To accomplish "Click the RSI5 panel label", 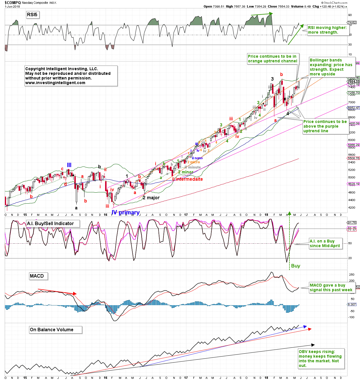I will click(32, 15).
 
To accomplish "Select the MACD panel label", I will click(37, 276).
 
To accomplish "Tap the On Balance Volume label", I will click(52, 330).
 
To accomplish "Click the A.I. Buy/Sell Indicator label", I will click(50, 223).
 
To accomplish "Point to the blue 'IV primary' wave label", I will click(125, 212).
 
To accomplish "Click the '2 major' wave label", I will click(151, 198).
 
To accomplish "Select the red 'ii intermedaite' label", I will click(188, 179).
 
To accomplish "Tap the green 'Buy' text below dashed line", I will click(296, 266).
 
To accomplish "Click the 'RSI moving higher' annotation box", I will click(327, 30).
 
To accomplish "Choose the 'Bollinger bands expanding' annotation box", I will click(331, 67).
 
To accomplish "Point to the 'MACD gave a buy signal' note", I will click(331, 287).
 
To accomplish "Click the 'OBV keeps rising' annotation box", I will click(320, 359).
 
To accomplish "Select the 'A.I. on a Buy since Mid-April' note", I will click(325, 243).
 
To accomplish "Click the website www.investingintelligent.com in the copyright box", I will click(55, 83).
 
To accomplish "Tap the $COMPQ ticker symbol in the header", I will click(12, 3).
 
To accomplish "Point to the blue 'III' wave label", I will click(69, 165).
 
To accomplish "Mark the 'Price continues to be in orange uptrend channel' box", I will click(272, 59).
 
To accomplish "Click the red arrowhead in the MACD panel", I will click(75, 294).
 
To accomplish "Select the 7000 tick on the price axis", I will click(352, 102).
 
